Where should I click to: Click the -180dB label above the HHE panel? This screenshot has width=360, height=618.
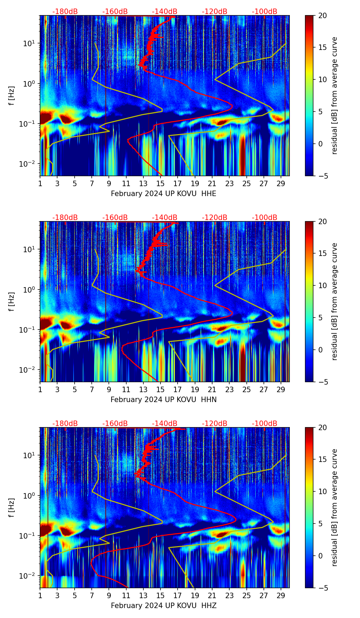pyautogui.click(x=65, y=12)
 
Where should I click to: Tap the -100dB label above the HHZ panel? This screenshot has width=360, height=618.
pyautogui.click(x=265, y=424)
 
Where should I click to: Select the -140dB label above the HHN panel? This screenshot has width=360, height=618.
pyautogui.click(x=165, y=218)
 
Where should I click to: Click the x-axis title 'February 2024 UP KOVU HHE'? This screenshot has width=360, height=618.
pyautogui.click(x=164, y=194)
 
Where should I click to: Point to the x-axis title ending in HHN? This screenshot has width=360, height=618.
pyautogui.click(x=164, y=400)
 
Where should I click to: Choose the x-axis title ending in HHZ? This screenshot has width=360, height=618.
pyautogui.click(x=164, y=606)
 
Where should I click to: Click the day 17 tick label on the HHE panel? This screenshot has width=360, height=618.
pyautogui.click(x=178, y=183)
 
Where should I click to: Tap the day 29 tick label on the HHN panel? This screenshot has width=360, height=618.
pyautogui.click(x=281, y=389)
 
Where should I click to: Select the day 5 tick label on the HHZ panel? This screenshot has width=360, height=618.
pyautogui.click(x=75, y=595)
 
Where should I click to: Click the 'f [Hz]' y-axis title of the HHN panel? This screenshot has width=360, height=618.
pyautogui.click(x=12, y=301)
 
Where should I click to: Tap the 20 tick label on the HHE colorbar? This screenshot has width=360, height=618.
pyautogui.click(x=322, y=15)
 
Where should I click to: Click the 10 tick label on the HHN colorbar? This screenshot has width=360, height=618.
pyautogui.click(x=322, y=285)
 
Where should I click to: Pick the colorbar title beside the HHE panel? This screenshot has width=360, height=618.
pyautogui.click(x=335, y=95)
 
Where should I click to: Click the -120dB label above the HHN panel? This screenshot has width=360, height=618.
pyautogui.click(x=215, y=218)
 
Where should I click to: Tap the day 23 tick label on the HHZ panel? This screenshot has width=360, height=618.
pyautogui.click(x=229, y=595)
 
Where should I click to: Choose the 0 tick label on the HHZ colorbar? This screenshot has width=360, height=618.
pyautogui.click(x=320, y=556)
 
